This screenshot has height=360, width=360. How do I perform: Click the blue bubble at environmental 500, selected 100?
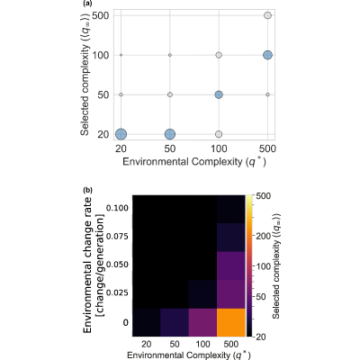(x=267, y=55)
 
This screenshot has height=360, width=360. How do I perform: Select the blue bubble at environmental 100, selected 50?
(x=219, y=94)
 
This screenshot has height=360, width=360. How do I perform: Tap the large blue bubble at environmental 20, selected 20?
(x=121, y=134)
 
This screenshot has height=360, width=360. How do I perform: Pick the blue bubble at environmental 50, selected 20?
(x=170, y=134)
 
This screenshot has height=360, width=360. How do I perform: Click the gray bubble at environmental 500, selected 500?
(x=267, y=15)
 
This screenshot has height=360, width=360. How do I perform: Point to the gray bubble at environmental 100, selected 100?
(x=219, y=55)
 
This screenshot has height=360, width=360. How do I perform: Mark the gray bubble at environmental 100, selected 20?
(x=219, y=134)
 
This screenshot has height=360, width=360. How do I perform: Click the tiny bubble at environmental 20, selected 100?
(x=121, y=55)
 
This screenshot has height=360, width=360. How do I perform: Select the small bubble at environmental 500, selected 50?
(x=267, y=94)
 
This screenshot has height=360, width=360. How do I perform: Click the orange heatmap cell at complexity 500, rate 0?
(x=230, y=322)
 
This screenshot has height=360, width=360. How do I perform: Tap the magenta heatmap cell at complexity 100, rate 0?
(x=202, y=322)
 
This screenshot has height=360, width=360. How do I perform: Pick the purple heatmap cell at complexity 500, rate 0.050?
(x=230, y=265)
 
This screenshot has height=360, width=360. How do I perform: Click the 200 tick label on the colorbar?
(x=263, y=236)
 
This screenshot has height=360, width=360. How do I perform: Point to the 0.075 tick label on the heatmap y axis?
(x=117, y=237)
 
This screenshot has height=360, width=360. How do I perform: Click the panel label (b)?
(x=88, y=190)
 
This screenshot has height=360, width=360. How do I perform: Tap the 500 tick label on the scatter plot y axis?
(x=100, y=15)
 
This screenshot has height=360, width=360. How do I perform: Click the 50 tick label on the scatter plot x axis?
(x=170, y=148)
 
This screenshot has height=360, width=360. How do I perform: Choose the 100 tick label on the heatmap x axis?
(x=202, y=344)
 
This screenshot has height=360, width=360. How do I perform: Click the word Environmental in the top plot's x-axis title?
(x=156, y=161)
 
